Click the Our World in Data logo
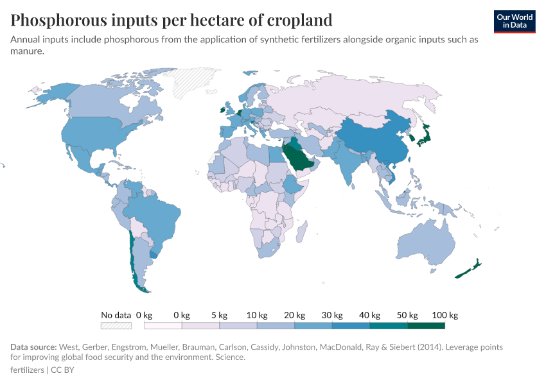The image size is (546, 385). pos(514,21)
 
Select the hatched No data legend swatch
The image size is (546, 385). pos(116,325)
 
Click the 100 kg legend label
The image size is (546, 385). pos(445,315)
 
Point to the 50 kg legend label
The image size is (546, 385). pos(407,315)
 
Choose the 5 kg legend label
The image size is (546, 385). pos(219,315)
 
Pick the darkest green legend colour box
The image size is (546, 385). pos(426,325)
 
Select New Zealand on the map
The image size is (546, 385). pos(467,271)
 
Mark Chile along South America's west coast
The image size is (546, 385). pos(133,257)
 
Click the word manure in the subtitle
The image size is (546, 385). pos(26,51)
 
